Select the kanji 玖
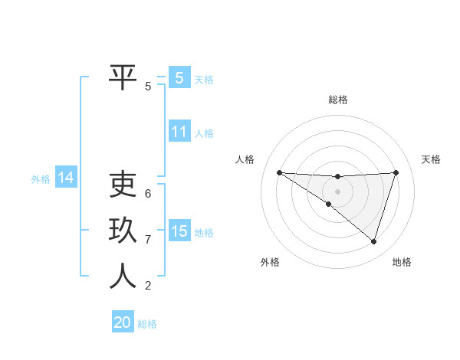tap(123, 230)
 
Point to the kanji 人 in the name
tap(123, 276)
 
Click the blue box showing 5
tap(179, 77)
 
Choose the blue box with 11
tap(179, 132)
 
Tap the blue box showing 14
tap(66, 178)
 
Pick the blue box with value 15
tap(179, 231)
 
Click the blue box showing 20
tap(123, 322)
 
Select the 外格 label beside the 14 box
tap(41, 179)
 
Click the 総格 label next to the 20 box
tap(147, 323)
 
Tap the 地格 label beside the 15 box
tap(204, 232)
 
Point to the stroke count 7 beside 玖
tap(148, 240)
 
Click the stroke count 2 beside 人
tap(148, 286)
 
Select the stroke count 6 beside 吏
tap(148, 193)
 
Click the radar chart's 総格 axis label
tap(337, 100)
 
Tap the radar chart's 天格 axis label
tap(431, 159)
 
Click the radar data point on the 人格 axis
tap(279, 172)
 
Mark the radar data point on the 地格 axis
tap(373, 241)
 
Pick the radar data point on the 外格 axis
tap(329, 204)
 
